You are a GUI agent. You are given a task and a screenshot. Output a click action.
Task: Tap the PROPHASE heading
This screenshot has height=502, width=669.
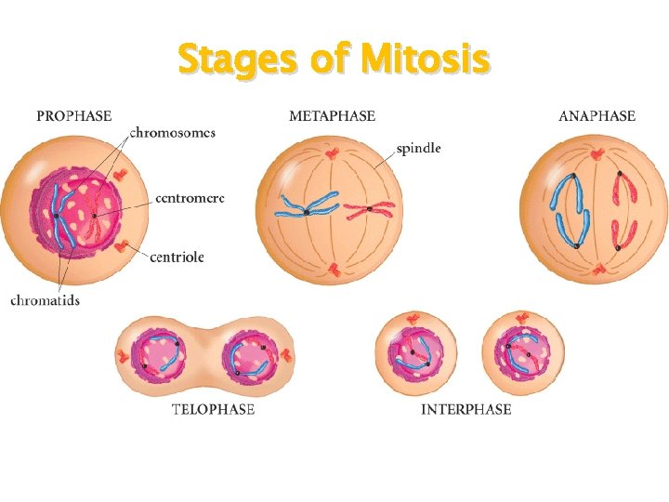point(73,116)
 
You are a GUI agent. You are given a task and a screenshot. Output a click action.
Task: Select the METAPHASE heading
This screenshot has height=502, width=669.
point(332,116)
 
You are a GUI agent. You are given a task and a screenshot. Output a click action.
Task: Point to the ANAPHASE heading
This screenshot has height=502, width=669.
point(597,116)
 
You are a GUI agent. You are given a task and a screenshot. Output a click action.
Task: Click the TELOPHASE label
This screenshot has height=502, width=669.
point(213,409)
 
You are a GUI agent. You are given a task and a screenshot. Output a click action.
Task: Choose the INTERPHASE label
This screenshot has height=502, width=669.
point(466,409)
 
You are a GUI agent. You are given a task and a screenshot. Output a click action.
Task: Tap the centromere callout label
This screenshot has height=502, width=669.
point(190,198)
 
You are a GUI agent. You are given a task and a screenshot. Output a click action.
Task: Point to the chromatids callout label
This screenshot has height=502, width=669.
point(46,299)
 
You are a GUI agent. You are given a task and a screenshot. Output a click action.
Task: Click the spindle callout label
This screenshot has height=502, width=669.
point(418,148)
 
